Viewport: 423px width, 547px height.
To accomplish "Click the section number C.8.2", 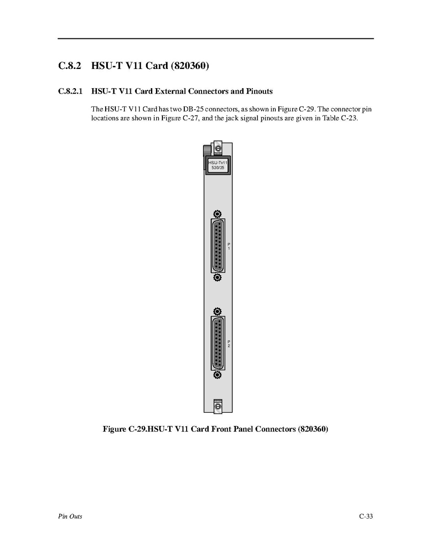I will click(70, 66).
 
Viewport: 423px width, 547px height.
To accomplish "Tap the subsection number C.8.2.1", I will click(71, 91).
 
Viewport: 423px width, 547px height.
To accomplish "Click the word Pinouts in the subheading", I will click(258, 91).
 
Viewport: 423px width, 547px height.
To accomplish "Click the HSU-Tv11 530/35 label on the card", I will click(218, 165).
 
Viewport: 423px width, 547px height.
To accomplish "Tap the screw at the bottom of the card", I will click(218, 406).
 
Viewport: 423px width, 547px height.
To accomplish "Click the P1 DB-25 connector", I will click(218, 245).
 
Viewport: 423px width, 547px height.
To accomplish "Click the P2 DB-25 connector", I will click(218, 343).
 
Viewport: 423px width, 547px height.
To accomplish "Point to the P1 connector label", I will click(229, 246).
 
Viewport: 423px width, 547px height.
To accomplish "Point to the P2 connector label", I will click(229, 344).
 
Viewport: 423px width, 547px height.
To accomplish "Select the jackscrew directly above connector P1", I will click(218, 214).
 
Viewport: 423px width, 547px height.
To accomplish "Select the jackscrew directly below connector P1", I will click(218, 277).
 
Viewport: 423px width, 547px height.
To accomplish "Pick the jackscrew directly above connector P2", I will click(218, 312).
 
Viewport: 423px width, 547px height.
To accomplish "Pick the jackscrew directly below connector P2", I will click(218, 375).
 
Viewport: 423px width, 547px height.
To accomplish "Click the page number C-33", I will click(366, 516).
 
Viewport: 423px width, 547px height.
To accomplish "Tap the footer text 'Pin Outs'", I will click(70, 516).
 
